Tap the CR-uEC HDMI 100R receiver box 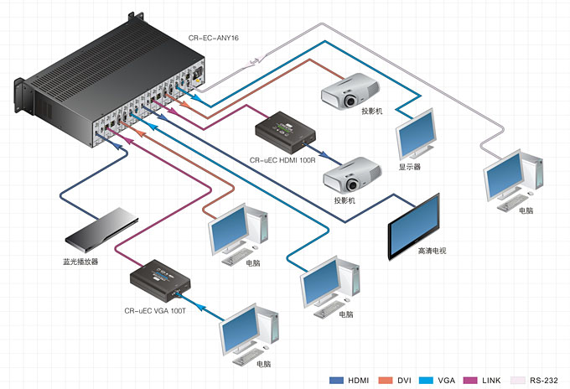[x=287, y=132]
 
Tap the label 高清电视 [x=433, y=251]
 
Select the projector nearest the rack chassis [x=350, y=90]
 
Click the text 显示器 [x=410, y=167]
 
